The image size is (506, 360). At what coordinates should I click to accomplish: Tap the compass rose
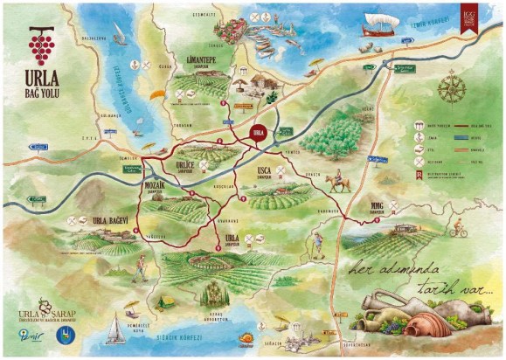coord(451,87)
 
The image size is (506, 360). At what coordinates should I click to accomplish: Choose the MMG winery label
coord(371,208)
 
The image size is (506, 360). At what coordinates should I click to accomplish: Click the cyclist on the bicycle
coord(458,231)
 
